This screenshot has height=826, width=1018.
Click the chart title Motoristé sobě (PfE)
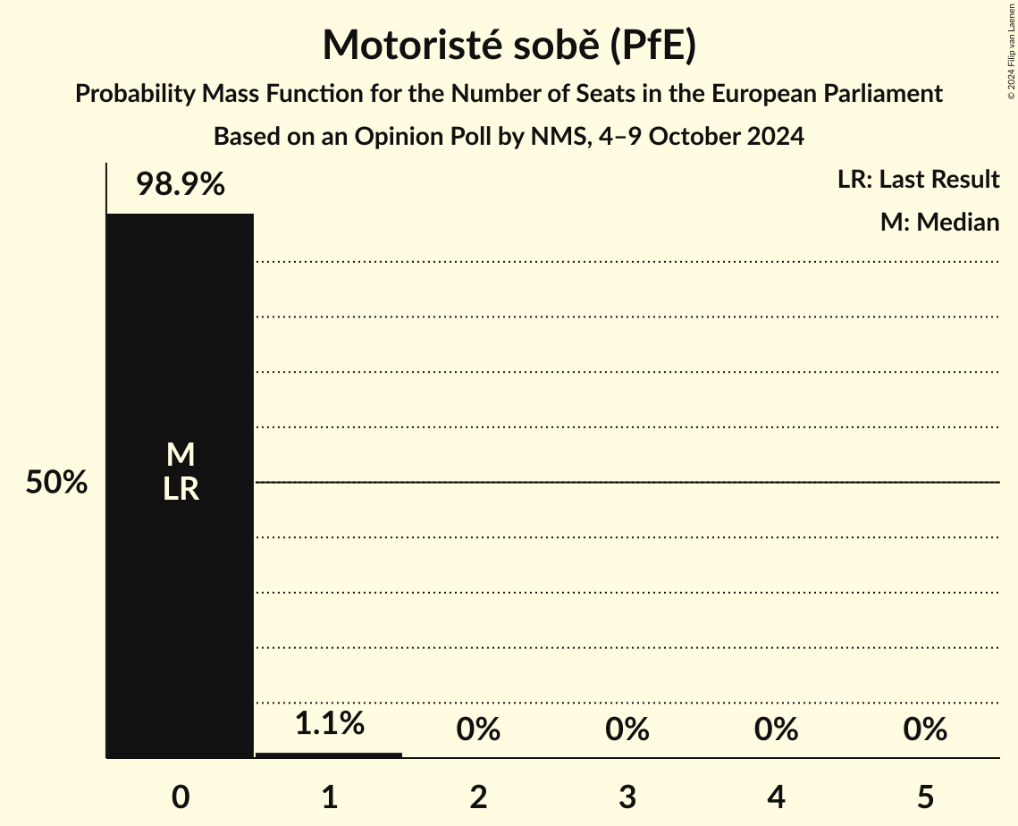[509, 45]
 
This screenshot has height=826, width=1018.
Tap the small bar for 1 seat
[329, 754]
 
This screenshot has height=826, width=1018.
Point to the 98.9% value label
[180, 185]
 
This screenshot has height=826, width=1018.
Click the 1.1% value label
[329, 723]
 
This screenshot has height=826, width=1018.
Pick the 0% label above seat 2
[478, 729]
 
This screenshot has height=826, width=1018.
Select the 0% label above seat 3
[627, 729]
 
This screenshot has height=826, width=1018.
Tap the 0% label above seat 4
[776, 729]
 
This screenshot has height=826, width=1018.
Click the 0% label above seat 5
[924, 729]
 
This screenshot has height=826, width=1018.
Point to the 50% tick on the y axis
[56, 483]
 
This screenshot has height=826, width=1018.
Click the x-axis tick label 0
[180, 797]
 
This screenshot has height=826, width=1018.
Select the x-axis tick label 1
[329, 797]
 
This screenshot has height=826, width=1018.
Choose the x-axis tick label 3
[627, 797]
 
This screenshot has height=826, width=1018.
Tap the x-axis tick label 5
[924, 797]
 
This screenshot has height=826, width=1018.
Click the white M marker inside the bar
[180, 455]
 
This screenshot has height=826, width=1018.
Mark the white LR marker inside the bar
[180, 489]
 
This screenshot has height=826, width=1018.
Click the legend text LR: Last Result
[918, 180]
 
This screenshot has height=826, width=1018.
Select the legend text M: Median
[938, 222]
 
